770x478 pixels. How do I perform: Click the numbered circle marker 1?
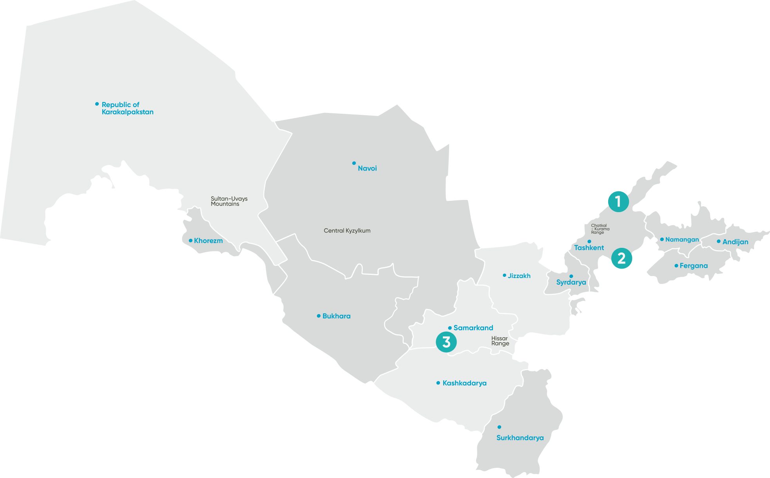[618, 202]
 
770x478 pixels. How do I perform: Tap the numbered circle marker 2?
[621, 258]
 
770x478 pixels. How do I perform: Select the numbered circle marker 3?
[446, 342]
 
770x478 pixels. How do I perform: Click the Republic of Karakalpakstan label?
[127, 108]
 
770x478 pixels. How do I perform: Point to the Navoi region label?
[367, 168]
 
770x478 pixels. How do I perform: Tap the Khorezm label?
[208, 241]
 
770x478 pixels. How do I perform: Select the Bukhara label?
[336, 316]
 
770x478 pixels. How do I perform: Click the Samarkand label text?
[473, 328]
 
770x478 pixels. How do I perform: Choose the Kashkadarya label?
[464, 383]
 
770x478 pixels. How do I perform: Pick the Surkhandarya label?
[520, 438]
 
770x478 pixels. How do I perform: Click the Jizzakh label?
[519, 276]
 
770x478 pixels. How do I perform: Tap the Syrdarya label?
[571, 282]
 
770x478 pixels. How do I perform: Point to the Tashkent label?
[589, 248]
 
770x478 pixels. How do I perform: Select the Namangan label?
[682, 240]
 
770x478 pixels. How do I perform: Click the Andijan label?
[735, 242]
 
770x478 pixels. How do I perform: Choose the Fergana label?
[694, 266]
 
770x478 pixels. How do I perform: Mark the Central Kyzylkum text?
[347, 231]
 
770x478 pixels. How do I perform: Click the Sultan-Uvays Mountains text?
[229, 201]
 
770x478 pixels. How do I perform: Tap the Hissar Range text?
[500, 341]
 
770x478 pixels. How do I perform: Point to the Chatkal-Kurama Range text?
[600, 229]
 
